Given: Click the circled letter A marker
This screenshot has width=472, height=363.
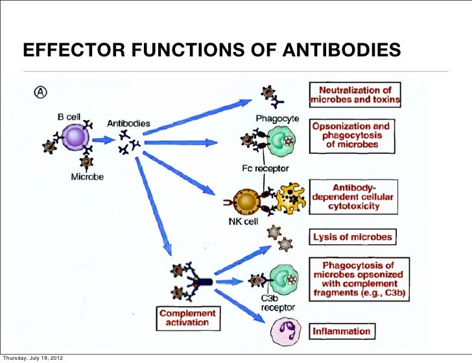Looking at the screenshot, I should [x=40, y=93].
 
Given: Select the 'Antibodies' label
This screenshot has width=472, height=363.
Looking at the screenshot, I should [x=128, y=123].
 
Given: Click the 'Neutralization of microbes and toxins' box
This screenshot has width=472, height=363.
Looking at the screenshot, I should [x=355, y=95].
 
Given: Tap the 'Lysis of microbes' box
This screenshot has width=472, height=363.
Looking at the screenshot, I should [x=353, y=237].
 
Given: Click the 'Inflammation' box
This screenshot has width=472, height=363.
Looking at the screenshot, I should [x=342, y=331].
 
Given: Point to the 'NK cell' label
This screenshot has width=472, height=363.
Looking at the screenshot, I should [x=244, y=220].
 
